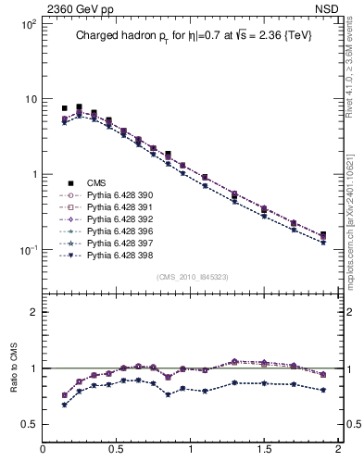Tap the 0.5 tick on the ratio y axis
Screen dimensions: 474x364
28,425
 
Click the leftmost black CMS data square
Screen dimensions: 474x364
65,108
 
